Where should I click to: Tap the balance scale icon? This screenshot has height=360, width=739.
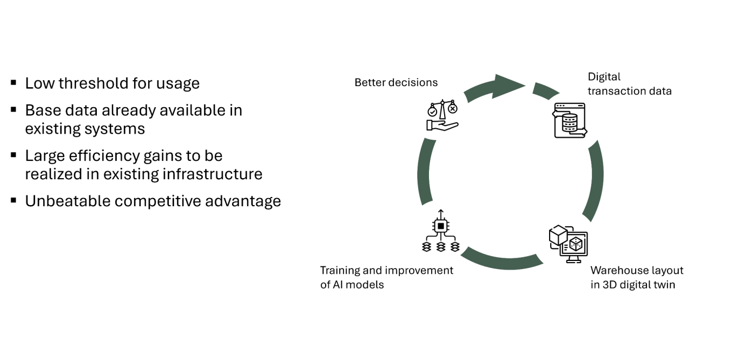442,114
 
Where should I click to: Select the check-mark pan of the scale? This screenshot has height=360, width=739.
432,111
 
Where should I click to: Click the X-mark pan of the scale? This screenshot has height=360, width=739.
453,109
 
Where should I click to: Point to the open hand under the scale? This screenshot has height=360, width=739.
441,126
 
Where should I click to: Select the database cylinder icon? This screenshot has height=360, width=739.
570,123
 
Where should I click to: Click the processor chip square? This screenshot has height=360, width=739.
441,225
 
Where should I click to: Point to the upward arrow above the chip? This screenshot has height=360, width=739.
441,212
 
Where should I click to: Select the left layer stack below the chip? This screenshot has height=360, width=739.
427,247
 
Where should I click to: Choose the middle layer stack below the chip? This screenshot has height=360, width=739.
441,247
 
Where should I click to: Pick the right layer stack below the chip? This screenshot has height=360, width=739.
455,247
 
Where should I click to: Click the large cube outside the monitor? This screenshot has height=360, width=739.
558,235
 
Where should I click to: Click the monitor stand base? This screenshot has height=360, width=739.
574,261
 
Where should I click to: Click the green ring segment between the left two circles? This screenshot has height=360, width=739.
423,171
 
